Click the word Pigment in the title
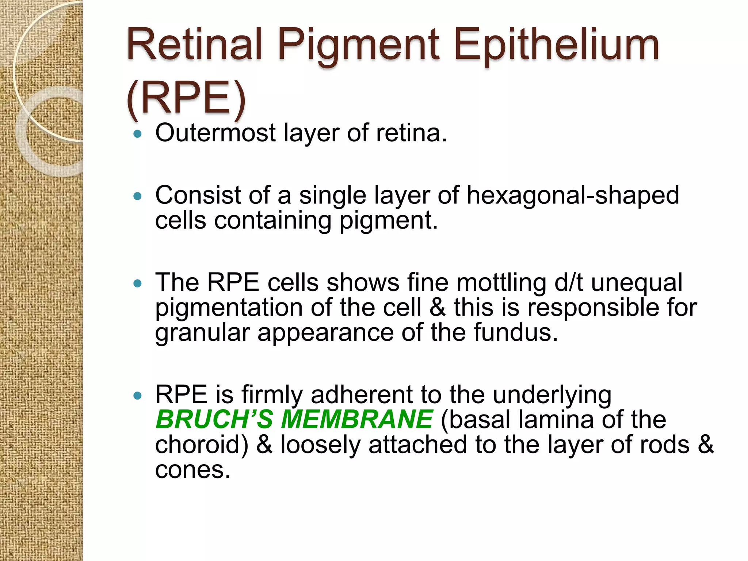click(358, 46)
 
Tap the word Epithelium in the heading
click(557, 46)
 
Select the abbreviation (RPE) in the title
click(186, 99)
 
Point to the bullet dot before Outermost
click(137, 134)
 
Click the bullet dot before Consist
click(137, 196)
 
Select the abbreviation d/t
click(568, 283)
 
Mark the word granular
click(202, 333)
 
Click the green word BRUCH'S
click(214, 419)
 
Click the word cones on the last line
click(192, 470)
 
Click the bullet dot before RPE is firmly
click(137, 396)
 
